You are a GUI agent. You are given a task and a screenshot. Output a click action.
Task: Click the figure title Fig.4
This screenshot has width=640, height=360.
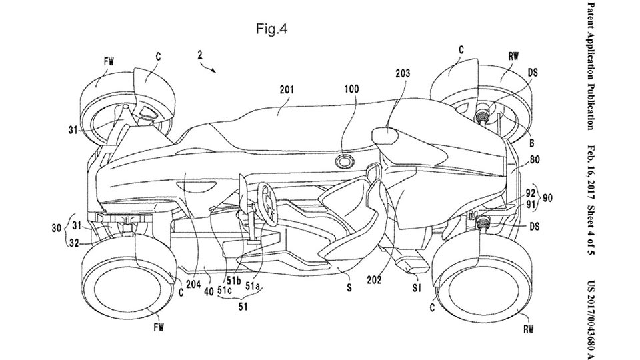pos(271,29)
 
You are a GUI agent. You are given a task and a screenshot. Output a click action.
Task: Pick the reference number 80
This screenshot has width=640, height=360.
pos(533,160)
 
